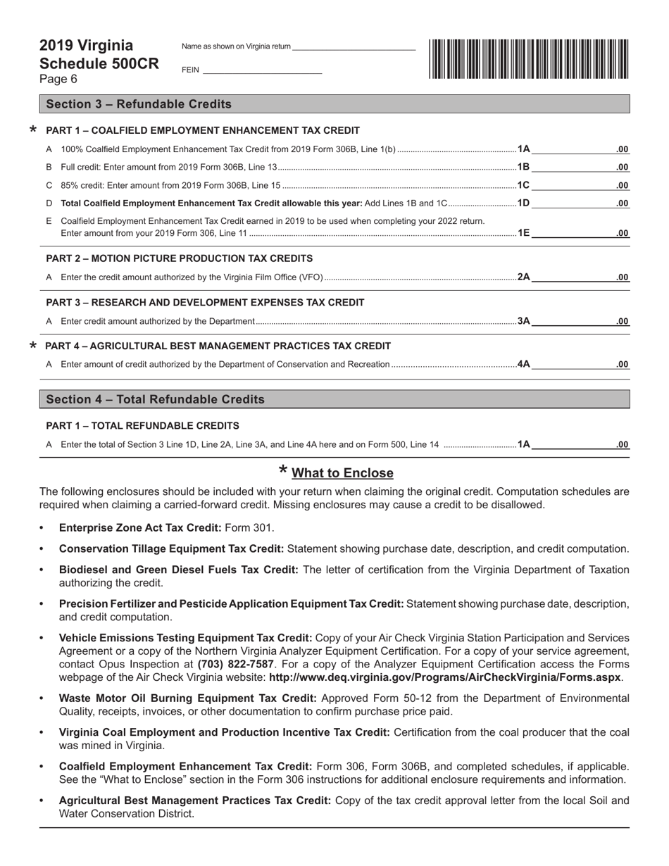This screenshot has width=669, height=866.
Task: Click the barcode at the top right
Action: [x=528, y=58]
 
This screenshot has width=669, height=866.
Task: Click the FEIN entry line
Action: [x=262, y=70]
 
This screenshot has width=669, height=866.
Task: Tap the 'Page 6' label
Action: [x=58, y=79]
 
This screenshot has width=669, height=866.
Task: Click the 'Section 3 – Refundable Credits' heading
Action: [x=139, y=104]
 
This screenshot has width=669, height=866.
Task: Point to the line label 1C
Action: [x=523, y=185]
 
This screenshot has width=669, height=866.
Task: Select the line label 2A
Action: [x=523, y=277]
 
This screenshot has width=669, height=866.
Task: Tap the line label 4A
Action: [x=523, y=365]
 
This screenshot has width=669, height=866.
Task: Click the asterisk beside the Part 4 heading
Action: [x=32, y=346]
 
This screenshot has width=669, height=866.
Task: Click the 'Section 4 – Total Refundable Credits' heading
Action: [x=155, y=399]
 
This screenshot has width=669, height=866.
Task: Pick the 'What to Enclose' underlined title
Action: [x=342, y=473]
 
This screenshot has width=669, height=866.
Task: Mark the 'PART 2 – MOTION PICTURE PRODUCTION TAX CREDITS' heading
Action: [x=180, y=258]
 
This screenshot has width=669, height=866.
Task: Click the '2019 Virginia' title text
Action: [x=86, y=46]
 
